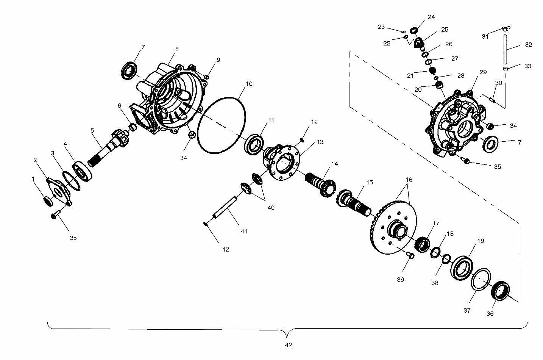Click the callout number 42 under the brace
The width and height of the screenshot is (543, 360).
coord(289,345)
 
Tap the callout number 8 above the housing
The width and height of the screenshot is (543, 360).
coord(177,49)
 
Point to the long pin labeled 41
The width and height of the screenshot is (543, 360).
coord(225,207)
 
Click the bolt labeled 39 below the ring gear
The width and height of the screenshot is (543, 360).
coord(410,255)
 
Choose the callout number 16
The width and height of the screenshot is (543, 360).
coord(409,180)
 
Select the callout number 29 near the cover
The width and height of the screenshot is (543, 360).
coord(483,72)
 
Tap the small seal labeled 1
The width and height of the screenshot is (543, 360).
coord(48,201)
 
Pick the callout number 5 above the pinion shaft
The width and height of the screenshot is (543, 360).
coord(92,130)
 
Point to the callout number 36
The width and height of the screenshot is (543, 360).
coord(490,313)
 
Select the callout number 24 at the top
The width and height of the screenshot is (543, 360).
coord(431,17)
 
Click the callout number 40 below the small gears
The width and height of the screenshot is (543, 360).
coord(271,208)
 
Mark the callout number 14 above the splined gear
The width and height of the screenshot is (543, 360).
coord(334,164)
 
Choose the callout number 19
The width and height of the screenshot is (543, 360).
coord(481,241)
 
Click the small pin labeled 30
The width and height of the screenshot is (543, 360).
coord(492,100)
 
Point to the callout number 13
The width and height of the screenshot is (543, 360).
coord(320,142)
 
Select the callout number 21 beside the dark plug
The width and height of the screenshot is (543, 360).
coord(410,76)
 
